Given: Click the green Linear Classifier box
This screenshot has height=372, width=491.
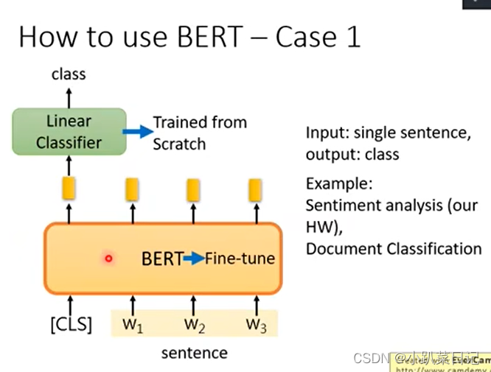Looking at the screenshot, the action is click(x=69, y=131).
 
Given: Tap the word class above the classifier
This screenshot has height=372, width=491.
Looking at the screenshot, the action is click(x=69, y=74).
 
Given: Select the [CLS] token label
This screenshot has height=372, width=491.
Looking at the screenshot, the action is click(x=71, y=325).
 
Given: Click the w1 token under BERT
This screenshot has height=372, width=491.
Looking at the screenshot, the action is click(x=133, y=325).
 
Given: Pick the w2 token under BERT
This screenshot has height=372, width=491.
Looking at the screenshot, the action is click(x=194, y=325).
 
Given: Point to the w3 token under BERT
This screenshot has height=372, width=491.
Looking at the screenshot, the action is click(x=255, y=325).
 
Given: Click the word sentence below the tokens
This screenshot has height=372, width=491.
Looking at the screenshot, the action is click(x=195, y=353).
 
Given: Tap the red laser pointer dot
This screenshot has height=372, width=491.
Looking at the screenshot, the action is click(x=108, y=259).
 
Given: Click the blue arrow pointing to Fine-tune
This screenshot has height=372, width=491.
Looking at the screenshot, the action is click(x=193, y=259).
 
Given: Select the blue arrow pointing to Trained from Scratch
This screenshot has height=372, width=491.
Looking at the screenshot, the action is click(x=136, y=132).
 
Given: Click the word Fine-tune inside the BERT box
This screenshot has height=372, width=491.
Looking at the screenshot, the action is click(x=240, y=259).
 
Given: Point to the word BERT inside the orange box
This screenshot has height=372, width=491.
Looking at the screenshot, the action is click(x=161, y=259).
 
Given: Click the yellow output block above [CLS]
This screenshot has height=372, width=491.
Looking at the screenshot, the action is click(x=69, y=189).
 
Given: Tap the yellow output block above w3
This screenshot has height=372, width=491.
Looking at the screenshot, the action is click(x=255, y=189).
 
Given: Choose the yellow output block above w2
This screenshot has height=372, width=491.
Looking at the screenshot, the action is click(x=194, y=189).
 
